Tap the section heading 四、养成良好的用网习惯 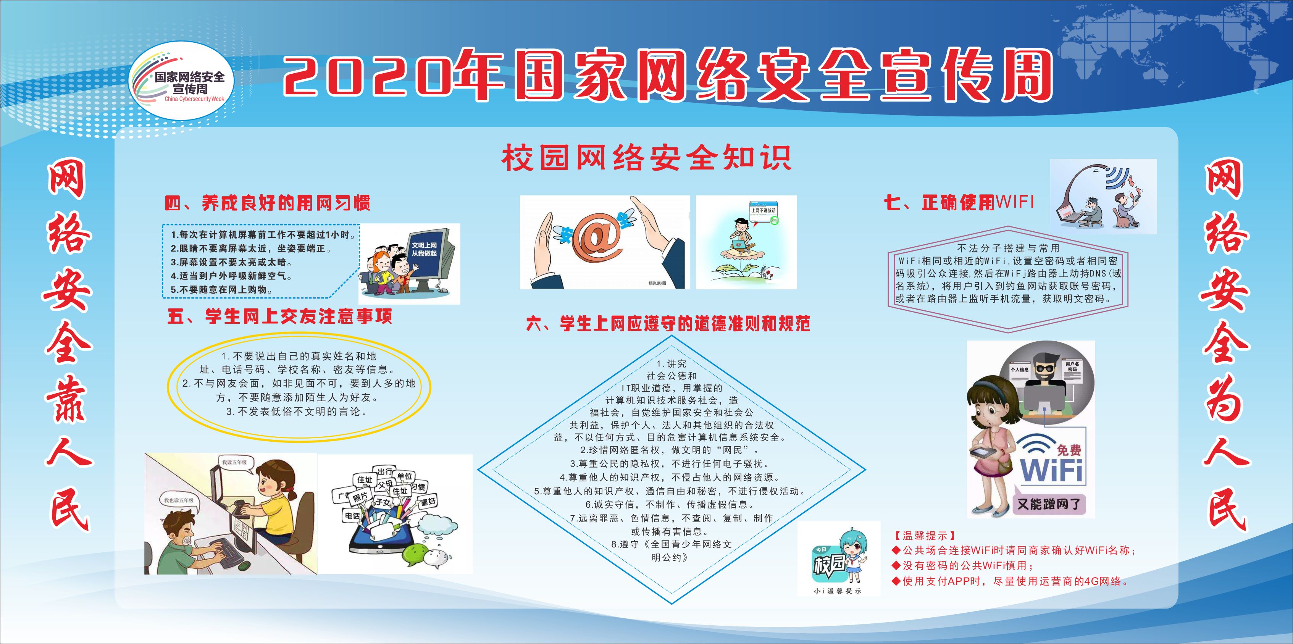coord(268,203)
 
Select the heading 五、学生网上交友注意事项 coord(279,316)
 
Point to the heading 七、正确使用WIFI coord(959,202)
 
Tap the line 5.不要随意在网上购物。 coord(222,290)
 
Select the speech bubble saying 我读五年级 coord(235,462)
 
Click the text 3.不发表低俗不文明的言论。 coord(298,412)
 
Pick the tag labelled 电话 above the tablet coord(352,515)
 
